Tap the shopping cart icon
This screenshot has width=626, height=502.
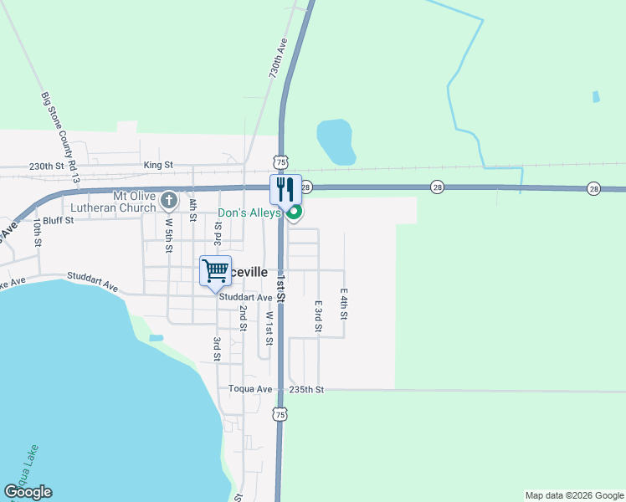tap(215, 271)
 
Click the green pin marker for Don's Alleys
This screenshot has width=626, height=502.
tap(294, 214)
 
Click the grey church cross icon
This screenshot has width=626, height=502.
tap(169, 201)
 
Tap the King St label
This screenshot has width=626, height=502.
tap(157, 166)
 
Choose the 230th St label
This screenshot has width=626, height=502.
tap(46, 166)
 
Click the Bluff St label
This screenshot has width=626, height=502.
tap(59, 220)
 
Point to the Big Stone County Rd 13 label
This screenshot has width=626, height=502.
tap(60, 138)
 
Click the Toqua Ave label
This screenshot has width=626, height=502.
tap(251, 390)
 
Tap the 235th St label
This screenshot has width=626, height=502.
tap(306, 390)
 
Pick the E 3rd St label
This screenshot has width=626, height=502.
tap(319, 316)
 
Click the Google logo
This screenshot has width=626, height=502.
tap(28, 492)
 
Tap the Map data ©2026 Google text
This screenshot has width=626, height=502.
tap(574, 495)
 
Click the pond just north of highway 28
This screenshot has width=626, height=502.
tap(336, 141)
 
